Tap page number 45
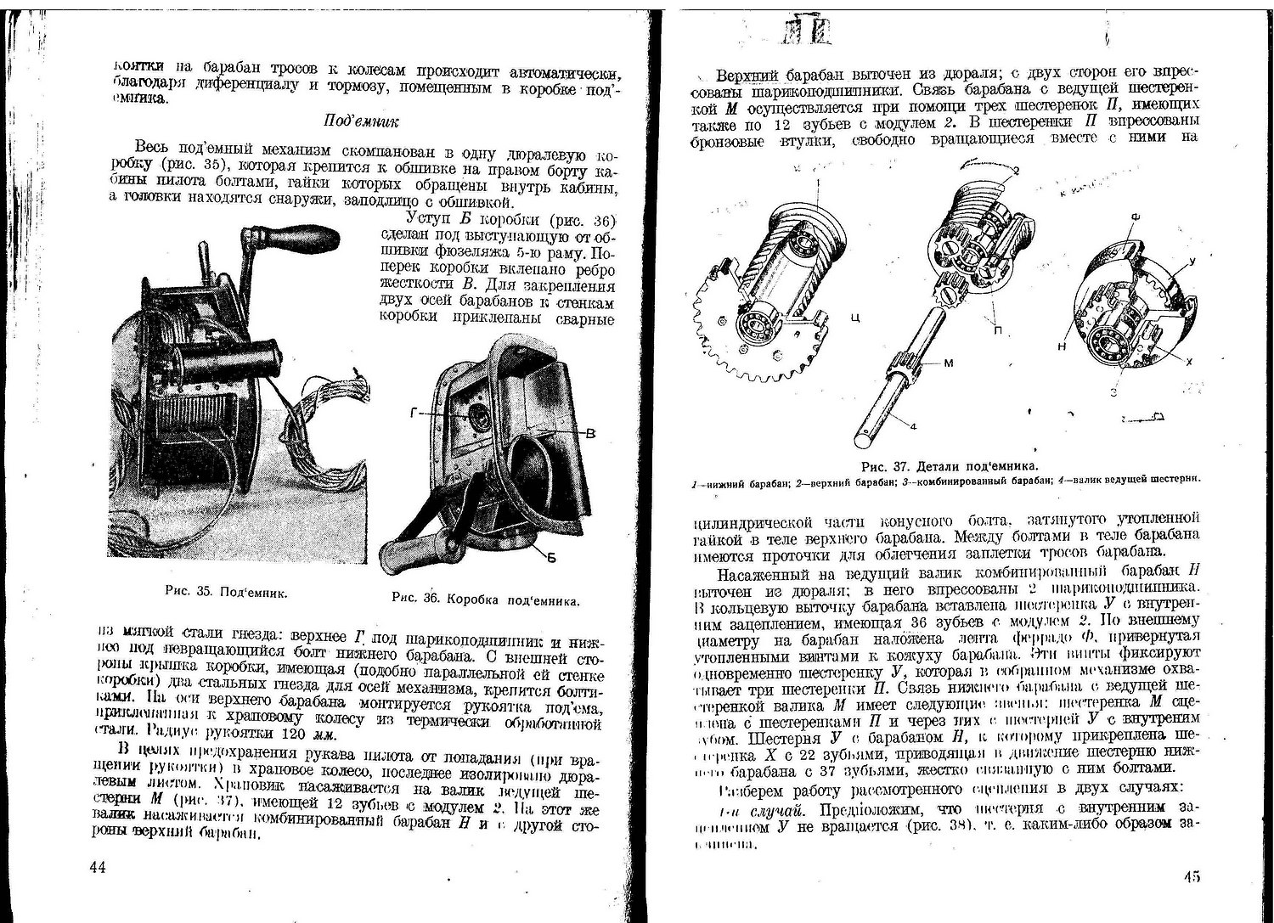click(x=1192, y=878)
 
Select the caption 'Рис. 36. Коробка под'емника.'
click(x=486, y=598)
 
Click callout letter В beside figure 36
click(x=590, y=434)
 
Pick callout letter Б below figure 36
click(x=552, y=558)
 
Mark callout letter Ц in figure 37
click(x=855, y=318)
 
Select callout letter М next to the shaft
click(x=949, y=363)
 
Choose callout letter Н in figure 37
click(x=1062, y=348)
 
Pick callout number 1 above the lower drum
click(x=817, y=183)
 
